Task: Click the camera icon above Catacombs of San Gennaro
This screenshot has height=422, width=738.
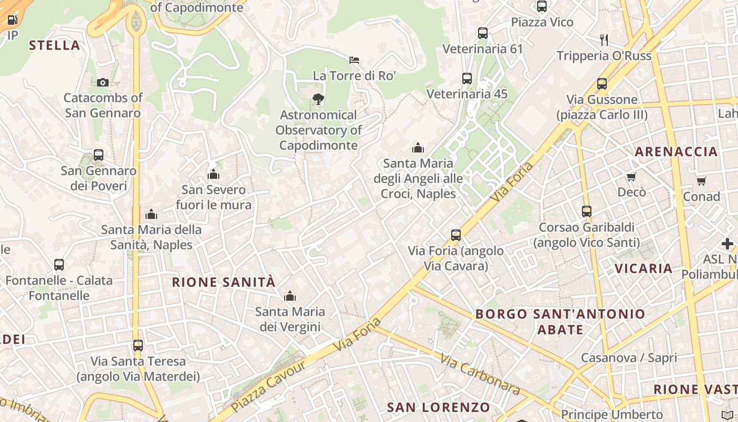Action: (103, 82)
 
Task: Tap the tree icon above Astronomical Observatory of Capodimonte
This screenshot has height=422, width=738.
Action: (318, 99)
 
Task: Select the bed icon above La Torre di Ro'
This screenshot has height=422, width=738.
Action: (354, 60)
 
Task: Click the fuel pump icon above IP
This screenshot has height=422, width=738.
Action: (12, 20)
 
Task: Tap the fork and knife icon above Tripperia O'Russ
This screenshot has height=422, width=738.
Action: (604, 40)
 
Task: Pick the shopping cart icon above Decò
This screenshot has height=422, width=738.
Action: (632, 177)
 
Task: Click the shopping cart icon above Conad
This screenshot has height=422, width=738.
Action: (701, 181)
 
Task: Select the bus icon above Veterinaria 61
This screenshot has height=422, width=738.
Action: (483, 33)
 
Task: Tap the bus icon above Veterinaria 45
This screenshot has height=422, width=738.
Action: (467, 79)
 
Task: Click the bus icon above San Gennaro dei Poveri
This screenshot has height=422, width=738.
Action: (99, 155)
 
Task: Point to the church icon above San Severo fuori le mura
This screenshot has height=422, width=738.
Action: (213, 174)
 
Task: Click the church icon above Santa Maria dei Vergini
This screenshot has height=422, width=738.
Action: (290, 296)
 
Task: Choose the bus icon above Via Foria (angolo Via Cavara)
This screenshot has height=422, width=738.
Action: (456, 235)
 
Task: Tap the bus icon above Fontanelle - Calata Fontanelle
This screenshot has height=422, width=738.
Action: (59, 264)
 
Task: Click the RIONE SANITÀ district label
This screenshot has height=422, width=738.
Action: (224, 282)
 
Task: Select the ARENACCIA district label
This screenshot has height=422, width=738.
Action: (676, 152)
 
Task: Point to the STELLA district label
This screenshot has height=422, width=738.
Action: (55, 45)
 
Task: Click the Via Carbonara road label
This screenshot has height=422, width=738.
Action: (480, 375)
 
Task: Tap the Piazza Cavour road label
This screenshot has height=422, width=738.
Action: (269, 386)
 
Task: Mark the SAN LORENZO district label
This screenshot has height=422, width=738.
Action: (439, 407)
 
